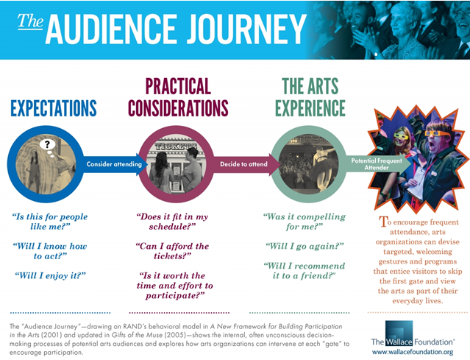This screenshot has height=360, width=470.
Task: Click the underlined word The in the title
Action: [30, 21]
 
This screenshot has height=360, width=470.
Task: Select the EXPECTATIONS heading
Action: [54, 108]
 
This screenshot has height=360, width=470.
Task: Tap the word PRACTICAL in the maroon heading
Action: [178, 86]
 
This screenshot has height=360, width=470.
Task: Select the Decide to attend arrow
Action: [245, 164]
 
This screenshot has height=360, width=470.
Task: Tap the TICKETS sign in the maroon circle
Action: [176, 146]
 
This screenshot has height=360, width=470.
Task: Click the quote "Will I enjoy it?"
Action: [50, 275]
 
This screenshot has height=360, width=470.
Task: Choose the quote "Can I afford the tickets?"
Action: [172, 251]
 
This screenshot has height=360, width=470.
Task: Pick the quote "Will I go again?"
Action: [305, 246]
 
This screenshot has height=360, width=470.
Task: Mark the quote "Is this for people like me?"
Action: [50, 222]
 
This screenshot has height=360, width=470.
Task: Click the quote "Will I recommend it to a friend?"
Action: [305, 271]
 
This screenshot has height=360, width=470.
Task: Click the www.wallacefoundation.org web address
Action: [413, 352]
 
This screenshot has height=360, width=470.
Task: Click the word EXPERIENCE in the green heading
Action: [310, 108]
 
